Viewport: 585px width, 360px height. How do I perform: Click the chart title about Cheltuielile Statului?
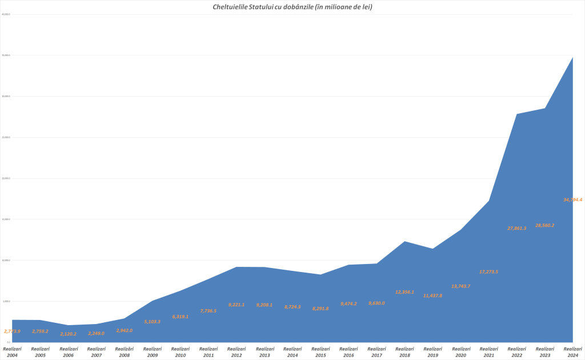pyautogui.click(x=292, y=6)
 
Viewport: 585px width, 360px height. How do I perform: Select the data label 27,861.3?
pyautogui.click(x=516, y=228)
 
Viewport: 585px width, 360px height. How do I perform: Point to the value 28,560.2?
pyautogui.click(x=544, y=226)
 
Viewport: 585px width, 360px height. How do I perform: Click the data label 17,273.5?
pyautogui.click(x=488, y=271)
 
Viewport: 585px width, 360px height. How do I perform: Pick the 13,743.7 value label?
pyautogui.click(x=460, y=286)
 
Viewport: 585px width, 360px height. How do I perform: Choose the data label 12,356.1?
pyautogui.click(x=404, y=292)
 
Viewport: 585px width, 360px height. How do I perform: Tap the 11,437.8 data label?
pyautogui.click(x=432, y=295)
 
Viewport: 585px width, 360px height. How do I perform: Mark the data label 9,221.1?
pyautogui.click(x=237, y=305)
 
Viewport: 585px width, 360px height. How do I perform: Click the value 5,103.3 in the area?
pyautogui.click(x=152, y=322)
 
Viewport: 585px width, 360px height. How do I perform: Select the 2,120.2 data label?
pyautogui.click(x=68, y=334)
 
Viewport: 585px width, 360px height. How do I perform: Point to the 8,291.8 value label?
pyautogui.click(x=320, y=309)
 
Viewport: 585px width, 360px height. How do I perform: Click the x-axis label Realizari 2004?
pyautogui.click(x=12, y=351)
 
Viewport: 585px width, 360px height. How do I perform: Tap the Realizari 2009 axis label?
pyautogui.click(x=152, y=351)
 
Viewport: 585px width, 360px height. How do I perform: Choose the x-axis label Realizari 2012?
pyautogui.click(x=237, y=351)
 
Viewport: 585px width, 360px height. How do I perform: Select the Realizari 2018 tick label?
pyautogui.click(x=404, y=351)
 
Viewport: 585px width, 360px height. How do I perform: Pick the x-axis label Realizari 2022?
pyautogui.click(x=516, y=351)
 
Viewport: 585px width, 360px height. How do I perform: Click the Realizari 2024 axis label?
pyautogui.click(x=572, y=351)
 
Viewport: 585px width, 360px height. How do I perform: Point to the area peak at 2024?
pyautogui.click(x=572, y=57)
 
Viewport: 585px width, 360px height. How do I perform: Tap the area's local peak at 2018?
pyautogui.click(x=404, y=241)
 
